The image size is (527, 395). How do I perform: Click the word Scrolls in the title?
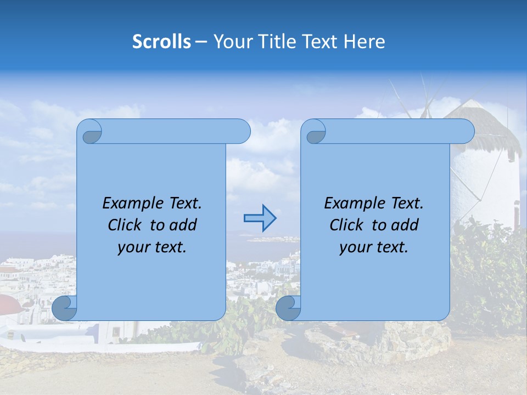161,42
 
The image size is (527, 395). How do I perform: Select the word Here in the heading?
365,42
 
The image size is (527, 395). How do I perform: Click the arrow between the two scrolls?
260,218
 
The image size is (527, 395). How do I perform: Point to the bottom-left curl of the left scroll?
65,308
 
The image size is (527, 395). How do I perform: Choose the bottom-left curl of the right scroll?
288,308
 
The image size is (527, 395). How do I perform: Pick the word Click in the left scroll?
124,225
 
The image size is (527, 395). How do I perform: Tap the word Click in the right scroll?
345,225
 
